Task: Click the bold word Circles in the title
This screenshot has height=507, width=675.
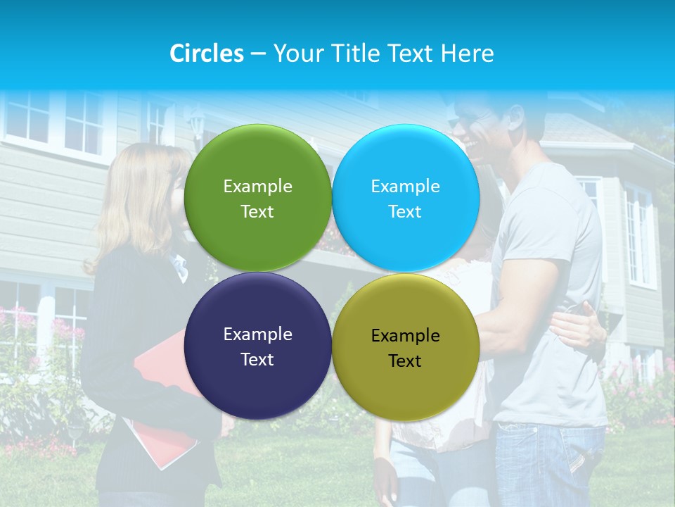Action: tap(207, 54)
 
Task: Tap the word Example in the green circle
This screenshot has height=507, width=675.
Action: tap(257, 187)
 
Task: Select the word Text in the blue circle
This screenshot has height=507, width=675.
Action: tap(405, 212)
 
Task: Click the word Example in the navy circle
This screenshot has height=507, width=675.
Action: tap(257, 334)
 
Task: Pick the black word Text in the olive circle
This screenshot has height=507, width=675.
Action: tap(405, 361)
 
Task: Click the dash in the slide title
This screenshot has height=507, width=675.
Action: tap(258, 54)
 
